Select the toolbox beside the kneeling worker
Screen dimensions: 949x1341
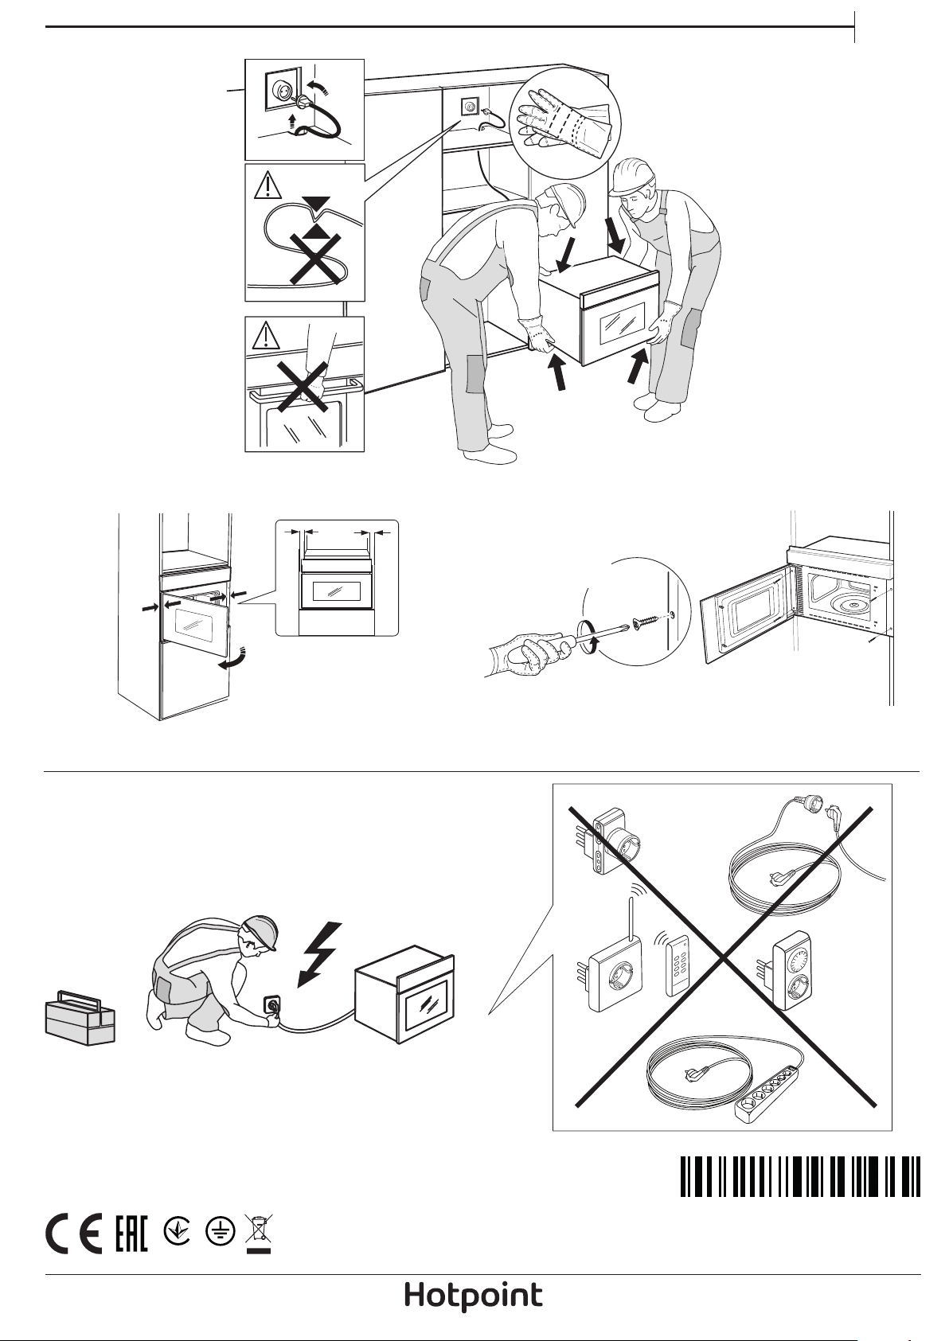80,1018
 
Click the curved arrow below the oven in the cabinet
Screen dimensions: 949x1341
232,658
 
